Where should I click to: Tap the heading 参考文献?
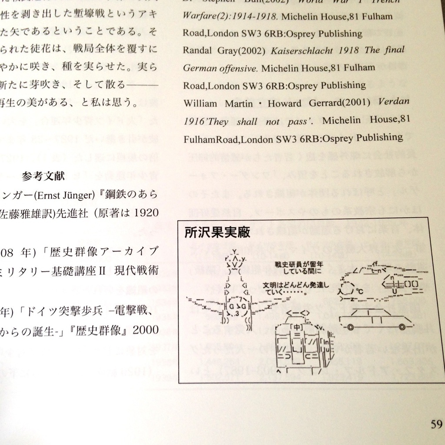[x=43, y=176]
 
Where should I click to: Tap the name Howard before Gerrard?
[x=284, y=103]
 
